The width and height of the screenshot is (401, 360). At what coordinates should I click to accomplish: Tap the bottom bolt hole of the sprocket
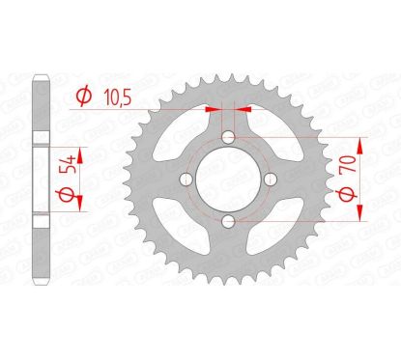click(x=226, y=223)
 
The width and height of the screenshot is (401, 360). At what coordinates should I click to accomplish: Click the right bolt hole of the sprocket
click(x=269, y=180)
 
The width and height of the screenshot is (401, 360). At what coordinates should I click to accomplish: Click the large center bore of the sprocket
click(x=226, y=180)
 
